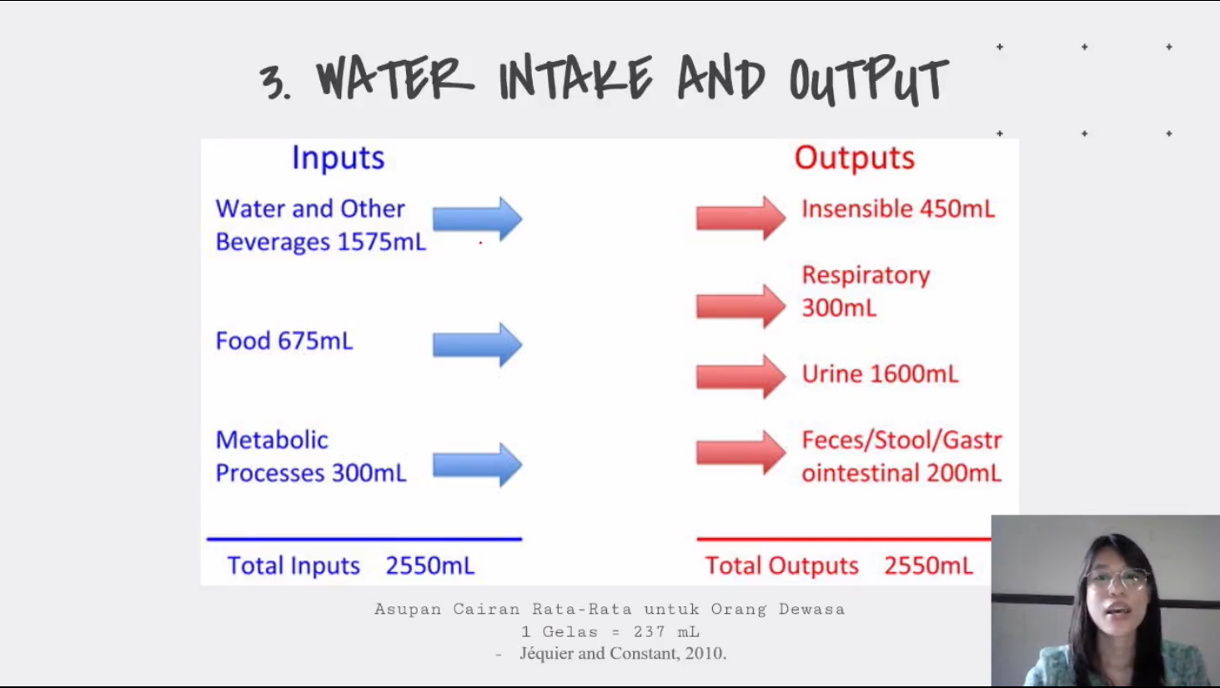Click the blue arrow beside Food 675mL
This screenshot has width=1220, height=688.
pos(477,344)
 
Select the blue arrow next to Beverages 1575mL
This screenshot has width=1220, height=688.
pos(477,219)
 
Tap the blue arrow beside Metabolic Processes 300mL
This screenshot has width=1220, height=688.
pos(477,465)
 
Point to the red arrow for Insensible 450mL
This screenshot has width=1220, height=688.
pos(741,218)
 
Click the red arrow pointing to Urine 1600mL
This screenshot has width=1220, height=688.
pos(741,376)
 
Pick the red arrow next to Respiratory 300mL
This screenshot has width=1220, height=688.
pos(741,306)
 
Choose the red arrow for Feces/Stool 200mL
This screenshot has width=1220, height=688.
pos(741,453)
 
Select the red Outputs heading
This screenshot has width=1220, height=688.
pos(855,158)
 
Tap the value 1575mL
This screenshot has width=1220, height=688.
pos(381,242)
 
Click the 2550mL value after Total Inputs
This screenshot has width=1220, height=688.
pos(429,565)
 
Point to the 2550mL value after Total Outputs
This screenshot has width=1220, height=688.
pos(928,565)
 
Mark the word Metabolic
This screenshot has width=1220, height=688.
pos(272,440)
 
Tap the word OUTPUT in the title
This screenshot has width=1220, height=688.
pos(869,80)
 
